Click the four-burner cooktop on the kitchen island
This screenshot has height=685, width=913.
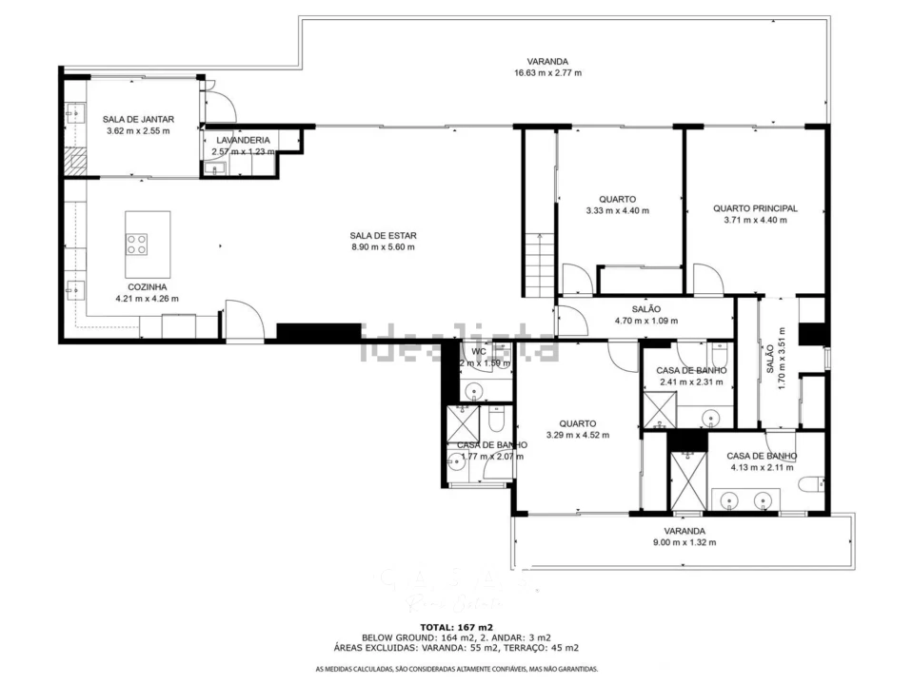pyautogui.click(x=137, y=244)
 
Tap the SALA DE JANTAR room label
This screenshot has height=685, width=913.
pyautogui.click(x=138, y=119)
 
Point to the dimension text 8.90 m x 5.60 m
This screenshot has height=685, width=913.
pyautogui.click(x=383, y=247)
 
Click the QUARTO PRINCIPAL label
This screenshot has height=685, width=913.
pyautogui.click(x=755, y=208)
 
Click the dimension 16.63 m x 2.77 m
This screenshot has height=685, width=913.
pyautogui.click(x=547, y=73)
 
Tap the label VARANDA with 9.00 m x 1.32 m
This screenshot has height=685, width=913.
pyautogui.click(x=684, y=531)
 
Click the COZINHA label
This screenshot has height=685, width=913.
pyautogui.click(x=148, y=286)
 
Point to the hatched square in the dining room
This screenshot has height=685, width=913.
pyautogui.click(x=74, y=161)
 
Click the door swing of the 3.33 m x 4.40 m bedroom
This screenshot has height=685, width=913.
pyautogui.click(x=575, y=280)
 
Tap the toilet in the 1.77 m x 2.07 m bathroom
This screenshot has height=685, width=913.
pyautogui.click(x=496, y=421)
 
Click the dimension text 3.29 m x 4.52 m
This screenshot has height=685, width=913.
pyautogui.click(x=578, y=436)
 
